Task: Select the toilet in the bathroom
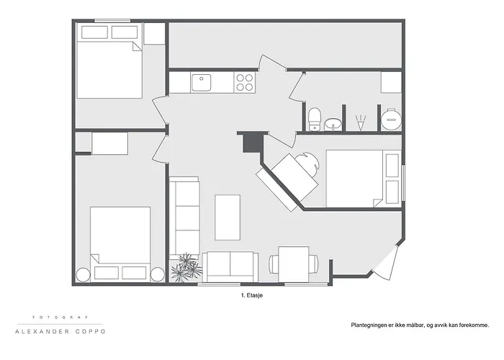tap(314, 118)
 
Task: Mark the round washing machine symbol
tap(391, 118)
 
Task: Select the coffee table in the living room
tap(228, 217)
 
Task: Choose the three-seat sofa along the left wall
tap(185, 216)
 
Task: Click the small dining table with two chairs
tap(293, 264)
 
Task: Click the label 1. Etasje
tap(252, 295)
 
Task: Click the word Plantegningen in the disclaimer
tap(370, 325)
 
